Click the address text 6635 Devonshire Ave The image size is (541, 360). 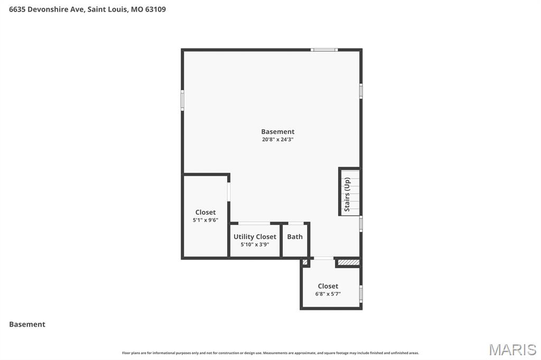click(47, 9)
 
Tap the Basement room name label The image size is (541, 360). click(277, 131)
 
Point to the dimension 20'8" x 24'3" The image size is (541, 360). click(277, 140)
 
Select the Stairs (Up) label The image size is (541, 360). click(347, 194)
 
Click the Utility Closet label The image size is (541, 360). click(255, 236)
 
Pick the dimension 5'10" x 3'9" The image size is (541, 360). click(255, 244)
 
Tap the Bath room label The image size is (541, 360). click(295, 236)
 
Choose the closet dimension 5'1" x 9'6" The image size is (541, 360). click(206, 220)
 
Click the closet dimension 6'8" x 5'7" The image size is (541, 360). click(328, 294)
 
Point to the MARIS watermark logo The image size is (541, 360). click(512, 349)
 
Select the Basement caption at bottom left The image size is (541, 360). click(27, 325)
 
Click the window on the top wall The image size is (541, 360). click(324, 50)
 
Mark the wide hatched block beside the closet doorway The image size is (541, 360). click(348, 262)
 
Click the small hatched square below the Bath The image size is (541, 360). click(305, 262)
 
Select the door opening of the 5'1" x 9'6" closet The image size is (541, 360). click(229, 191)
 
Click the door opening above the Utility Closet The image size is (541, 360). click(254, 223)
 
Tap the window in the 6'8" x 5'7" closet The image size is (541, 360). click(361, 293)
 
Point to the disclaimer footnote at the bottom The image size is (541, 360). click(270, 353)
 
